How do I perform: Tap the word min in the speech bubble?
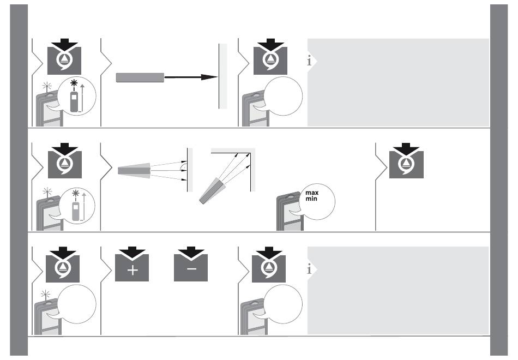click(x=311, y=201)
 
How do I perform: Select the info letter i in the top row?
click(x=310, y=61)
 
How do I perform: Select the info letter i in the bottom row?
click(x=310, y=269)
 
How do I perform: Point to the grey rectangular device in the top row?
click(x=140, y=77)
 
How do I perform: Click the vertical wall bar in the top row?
click(x=222, y=76)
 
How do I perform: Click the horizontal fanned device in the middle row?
click(x=134, y=171)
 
